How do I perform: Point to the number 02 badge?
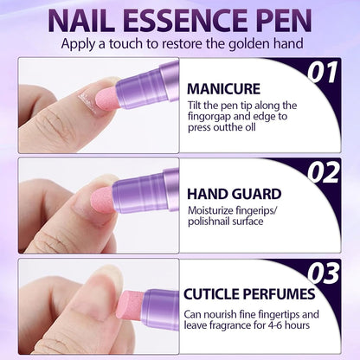[x=322, y=172]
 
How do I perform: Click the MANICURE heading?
[x=223, y=89]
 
